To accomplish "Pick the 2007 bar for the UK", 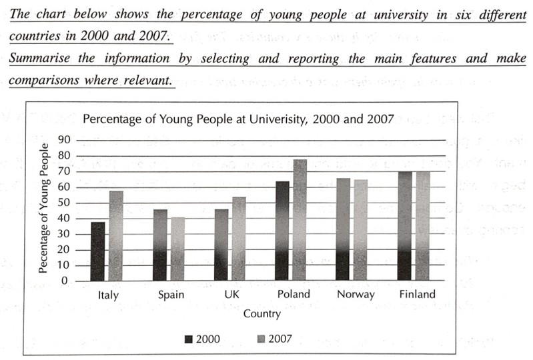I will [x=239, y=239].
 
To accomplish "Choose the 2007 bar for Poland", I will [x=300, y=219].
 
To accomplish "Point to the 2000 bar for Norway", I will [x=343, y=229].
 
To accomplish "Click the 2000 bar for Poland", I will [x=282, y=231].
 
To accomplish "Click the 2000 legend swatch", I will [x=190, y=339].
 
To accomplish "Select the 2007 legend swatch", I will [x=261, y=339].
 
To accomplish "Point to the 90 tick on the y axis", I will [x=65, y=140].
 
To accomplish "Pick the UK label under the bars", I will [x=230, y=294].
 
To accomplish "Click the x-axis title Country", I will [x=261, y=313].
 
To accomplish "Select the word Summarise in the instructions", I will [x=43, y=58].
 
